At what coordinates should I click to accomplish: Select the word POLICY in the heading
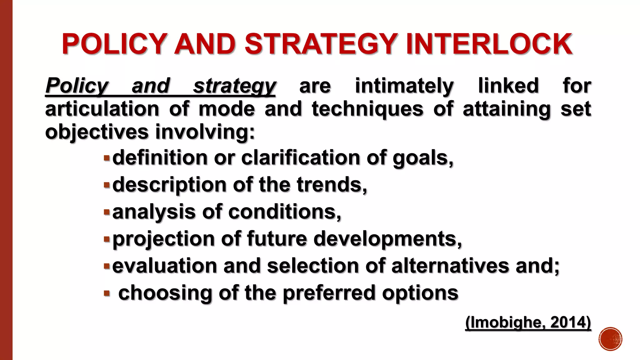[114, 44]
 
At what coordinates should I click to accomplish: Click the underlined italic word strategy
[234, 86]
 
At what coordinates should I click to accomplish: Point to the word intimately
[404, 86]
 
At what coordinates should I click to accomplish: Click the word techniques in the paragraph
[367, 109]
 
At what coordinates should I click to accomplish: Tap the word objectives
[97, 132]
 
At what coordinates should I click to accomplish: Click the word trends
[332, 185]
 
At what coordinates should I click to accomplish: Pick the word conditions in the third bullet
[285, 212]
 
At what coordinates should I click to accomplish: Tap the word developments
[387, 239]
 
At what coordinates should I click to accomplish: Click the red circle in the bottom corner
[611, 339]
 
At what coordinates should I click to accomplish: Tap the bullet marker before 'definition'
[107, 158]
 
